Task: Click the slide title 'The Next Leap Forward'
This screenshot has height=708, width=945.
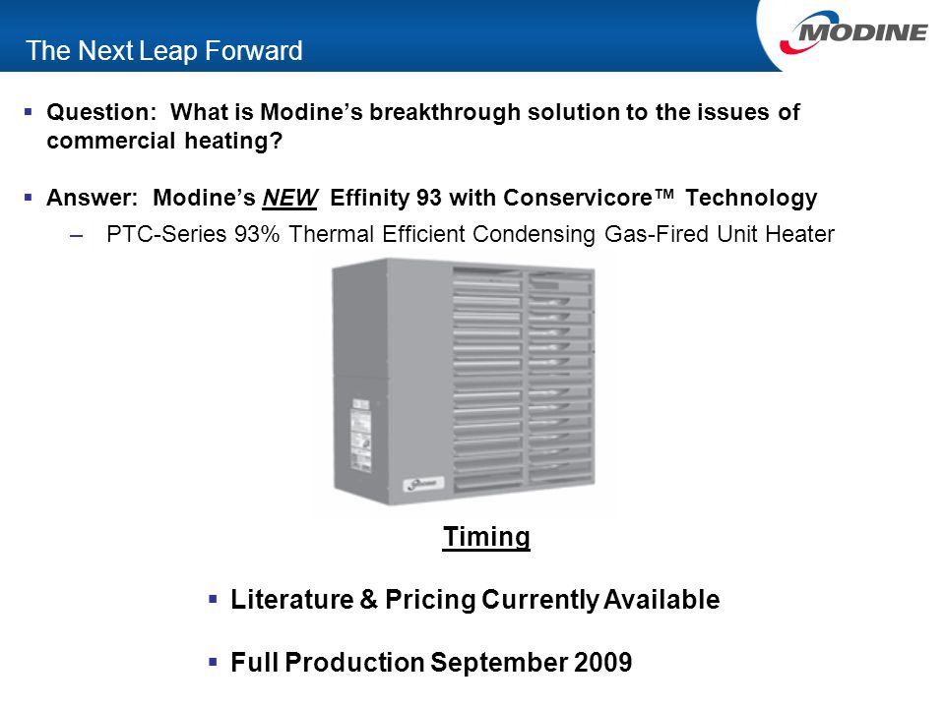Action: [x=164, y=51]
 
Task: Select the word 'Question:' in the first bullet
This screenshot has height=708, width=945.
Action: [x=94, y=112]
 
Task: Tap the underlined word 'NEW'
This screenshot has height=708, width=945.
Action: [x=290, y=199]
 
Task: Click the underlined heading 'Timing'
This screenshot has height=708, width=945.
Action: [x=486, y=537]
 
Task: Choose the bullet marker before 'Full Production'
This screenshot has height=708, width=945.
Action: [x=213, y=663]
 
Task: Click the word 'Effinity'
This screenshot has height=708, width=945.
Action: [x=371, y=199]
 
